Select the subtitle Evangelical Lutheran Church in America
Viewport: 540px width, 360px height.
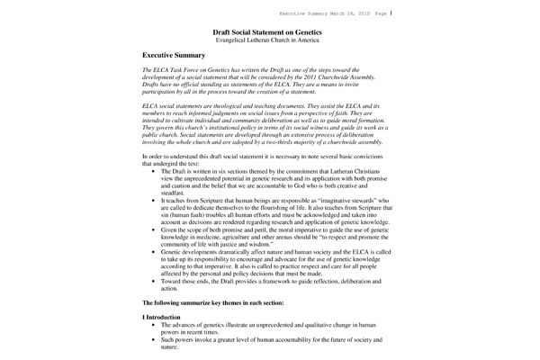coord(269,41)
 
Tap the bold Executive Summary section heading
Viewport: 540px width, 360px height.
coord(176,56)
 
